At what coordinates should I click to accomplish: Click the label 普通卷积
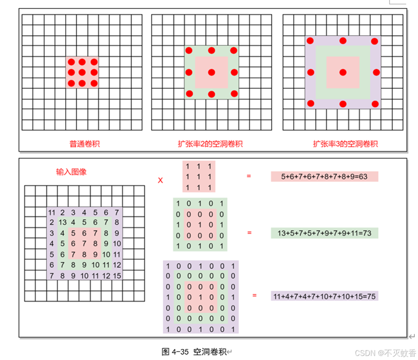[x=84, y=144]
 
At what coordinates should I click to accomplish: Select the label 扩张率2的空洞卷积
[x=210, y=144]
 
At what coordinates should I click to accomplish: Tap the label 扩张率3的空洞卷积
[x=345, y=144]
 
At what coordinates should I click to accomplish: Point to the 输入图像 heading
[x=71, y=172]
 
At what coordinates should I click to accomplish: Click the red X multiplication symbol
[x=160, y=181]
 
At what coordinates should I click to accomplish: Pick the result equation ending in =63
[x=324, y=177]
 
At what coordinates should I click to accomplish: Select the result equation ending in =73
[x=324, y=233]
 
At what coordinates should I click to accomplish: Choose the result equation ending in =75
[x=324, y=296]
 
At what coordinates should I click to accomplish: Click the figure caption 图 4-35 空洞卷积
[x=194, y=352]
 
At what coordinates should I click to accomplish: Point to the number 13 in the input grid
[x=62, y=222]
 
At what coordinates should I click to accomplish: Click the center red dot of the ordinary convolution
[x=82, y=72]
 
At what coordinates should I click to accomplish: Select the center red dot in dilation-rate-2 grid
[x=211, y=72]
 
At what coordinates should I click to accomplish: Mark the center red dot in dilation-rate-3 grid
[x=343, y=72]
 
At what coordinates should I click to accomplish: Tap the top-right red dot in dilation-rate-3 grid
[x=375, y=41]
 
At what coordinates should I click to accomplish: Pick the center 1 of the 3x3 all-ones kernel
[x=199, y=176]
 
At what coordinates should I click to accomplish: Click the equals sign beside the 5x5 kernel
[x=249, y=233]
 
